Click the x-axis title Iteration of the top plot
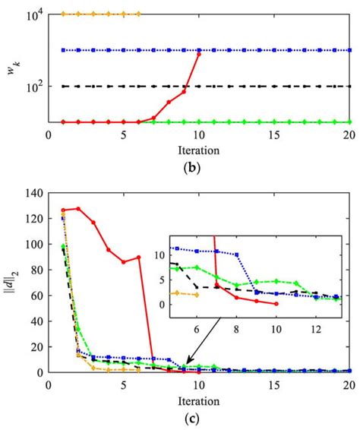199,149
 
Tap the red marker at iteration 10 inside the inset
276,303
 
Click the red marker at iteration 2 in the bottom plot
78,209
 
